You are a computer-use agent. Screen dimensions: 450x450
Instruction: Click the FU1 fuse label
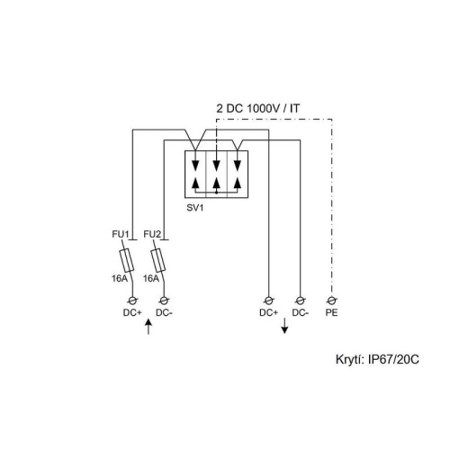(121, 234)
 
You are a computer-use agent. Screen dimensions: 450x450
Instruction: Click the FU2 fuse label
(152, 234)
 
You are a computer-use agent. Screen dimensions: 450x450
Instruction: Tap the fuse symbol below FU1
(127, 260)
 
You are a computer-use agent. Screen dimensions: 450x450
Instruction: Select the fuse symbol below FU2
(158, 260)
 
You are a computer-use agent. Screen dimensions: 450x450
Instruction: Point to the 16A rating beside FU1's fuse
(120, 278)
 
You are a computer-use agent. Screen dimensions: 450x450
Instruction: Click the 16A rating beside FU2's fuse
(151, 278)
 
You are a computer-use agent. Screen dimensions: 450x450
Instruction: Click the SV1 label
(195, 208)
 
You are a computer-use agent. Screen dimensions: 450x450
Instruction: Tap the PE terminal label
(331, 312)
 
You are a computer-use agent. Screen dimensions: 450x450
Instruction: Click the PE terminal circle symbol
(331, 300)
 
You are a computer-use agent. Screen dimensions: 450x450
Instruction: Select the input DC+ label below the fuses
(132, 312)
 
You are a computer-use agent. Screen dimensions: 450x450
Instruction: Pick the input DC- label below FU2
(164, 312)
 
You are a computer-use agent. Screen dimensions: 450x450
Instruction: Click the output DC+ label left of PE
(268, 312)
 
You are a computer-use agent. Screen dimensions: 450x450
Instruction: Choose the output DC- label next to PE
(301, 312)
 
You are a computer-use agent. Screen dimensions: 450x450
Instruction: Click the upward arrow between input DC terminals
(148, 327)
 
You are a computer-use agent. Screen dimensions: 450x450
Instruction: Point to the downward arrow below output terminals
(284, 326)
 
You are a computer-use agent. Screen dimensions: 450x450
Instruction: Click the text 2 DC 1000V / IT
(258, 108)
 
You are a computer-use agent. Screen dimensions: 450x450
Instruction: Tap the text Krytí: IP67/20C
(377, 359)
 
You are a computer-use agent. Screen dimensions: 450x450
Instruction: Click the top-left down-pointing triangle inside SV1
(195, 165)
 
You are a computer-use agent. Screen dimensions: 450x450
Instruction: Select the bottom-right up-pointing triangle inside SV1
(238, 182)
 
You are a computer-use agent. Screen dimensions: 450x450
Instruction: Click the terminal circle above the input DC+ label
(132, 300)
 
